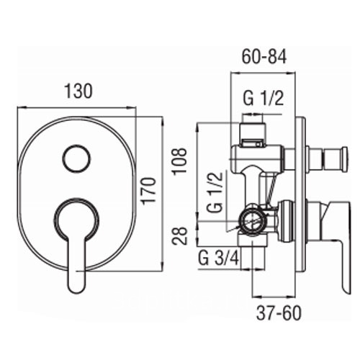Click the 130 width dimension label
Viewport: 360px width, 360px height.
tap(78, 91)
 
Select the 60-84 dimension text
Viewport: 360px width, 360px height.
tap(264, 57)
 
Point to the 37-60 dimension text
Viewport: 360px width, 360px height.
tap(279, 313)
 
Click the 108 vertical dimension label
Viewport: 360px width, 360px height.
tap(179, 161)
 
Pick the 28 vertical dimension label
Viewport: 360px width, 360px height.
tap(179, 235)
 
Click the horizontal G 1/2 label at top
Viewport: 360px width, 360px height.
tap(264, 99)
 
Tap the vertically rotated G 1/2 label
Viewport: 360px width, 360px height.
tap(215, 192)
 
